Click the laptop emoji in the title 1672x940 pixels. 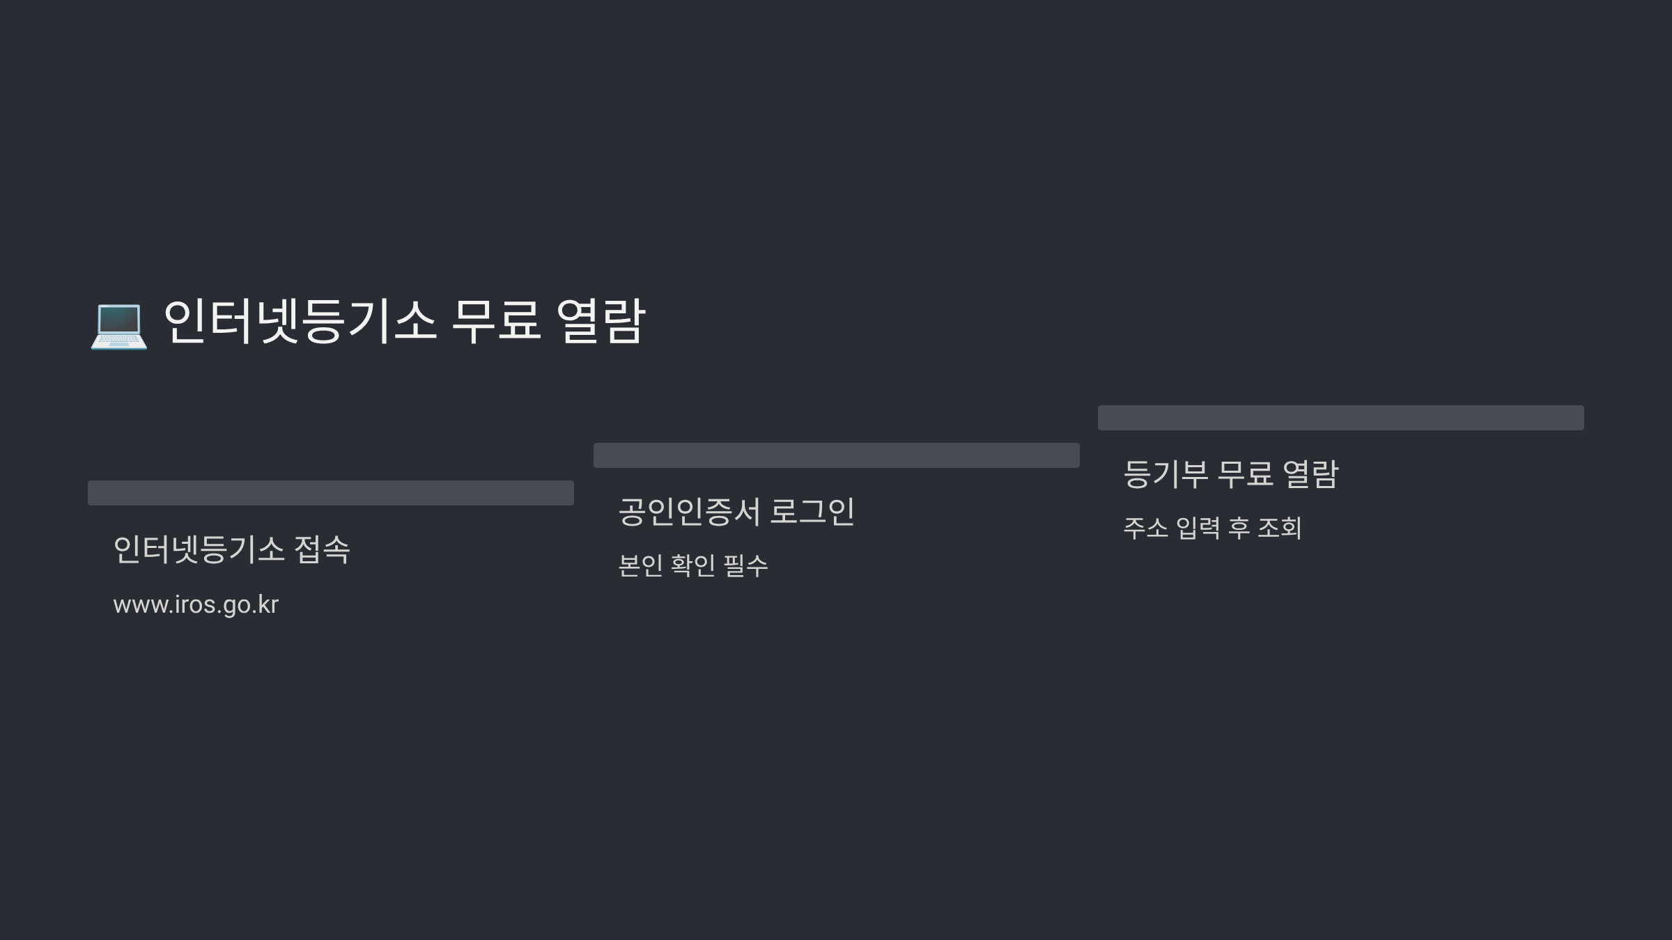118,324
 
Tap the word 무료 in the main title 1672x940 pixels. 496,322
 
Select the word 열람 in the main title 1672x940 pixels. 601,322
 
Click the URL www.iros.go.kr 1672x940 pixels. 196,604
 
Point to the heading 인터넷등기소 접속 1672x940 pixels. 231,549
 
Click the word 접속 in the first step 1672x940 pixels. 322,549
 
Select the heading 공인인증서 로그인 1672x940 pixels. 736,512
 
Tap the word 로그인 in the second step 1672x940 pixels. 812,512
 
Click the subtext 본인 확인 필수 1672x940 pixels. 693,565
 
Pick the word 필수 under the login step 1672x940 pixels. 746,565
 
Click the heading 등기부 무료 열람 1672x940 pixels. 1231,474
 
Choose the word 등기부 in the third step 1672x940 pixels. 1166,474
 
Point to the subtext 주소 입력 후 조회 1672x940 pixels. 1212,528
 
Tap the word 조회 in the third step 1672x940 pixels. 1279,528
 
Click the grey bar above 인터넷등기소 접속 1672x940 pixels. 331,493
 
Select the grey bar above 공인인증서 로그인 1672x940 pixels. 837,455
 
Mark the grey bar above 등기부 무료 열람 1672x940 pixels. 1341,418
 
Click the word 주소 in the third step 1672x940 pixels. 1145,528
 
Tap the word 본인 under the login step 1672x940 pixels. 640,565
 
